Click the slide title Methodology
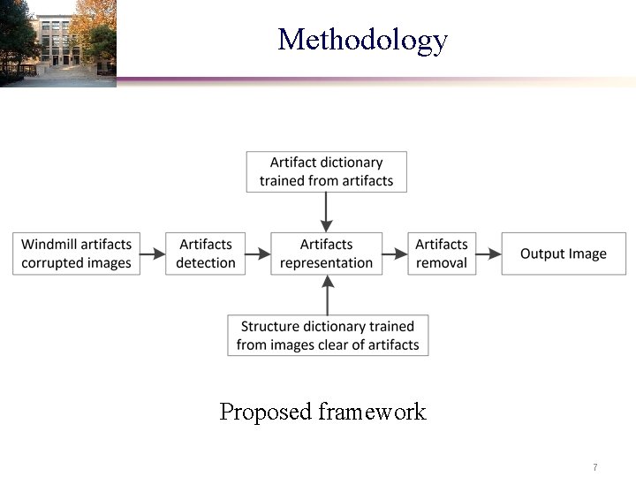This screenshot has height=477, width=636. tap(362, 40)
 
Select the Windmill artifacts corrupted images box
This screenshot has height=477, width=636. tap(76, 254)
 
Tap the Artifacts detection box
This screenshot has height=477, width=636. tap(205, 254)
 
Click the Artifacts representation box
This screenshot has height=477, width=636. tap(326, 254)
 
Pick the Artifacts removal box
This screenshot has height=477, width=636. tap(442, 254)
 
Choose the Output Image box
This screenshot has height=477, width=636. tap(563, 254)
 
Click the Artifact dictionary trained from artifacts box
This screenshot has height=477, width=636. tap(326, 171)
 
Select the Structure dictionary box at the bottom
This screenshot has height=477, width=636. tap(328, 336)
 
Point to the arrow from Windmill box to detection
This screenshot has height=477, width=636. tap(153, 254)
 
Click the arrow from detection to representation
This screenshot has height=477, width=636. tap(258, 254)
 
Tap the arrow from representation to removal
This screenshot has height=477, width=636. tap(395, 254)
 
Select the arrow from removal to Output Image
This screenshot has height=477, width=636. tap(489, 254)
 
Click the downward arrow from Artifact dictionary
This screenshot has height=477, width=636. tap(327, 212)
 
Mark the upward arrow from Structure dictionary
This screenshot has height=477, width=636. tap(327, 294)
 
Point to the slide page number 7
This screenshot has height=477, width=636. tap(595, 466)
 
